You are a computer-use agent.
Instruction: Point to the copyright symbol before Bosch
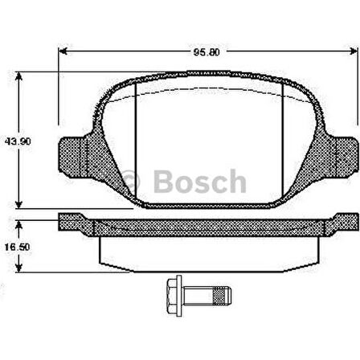click(133, 182)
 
